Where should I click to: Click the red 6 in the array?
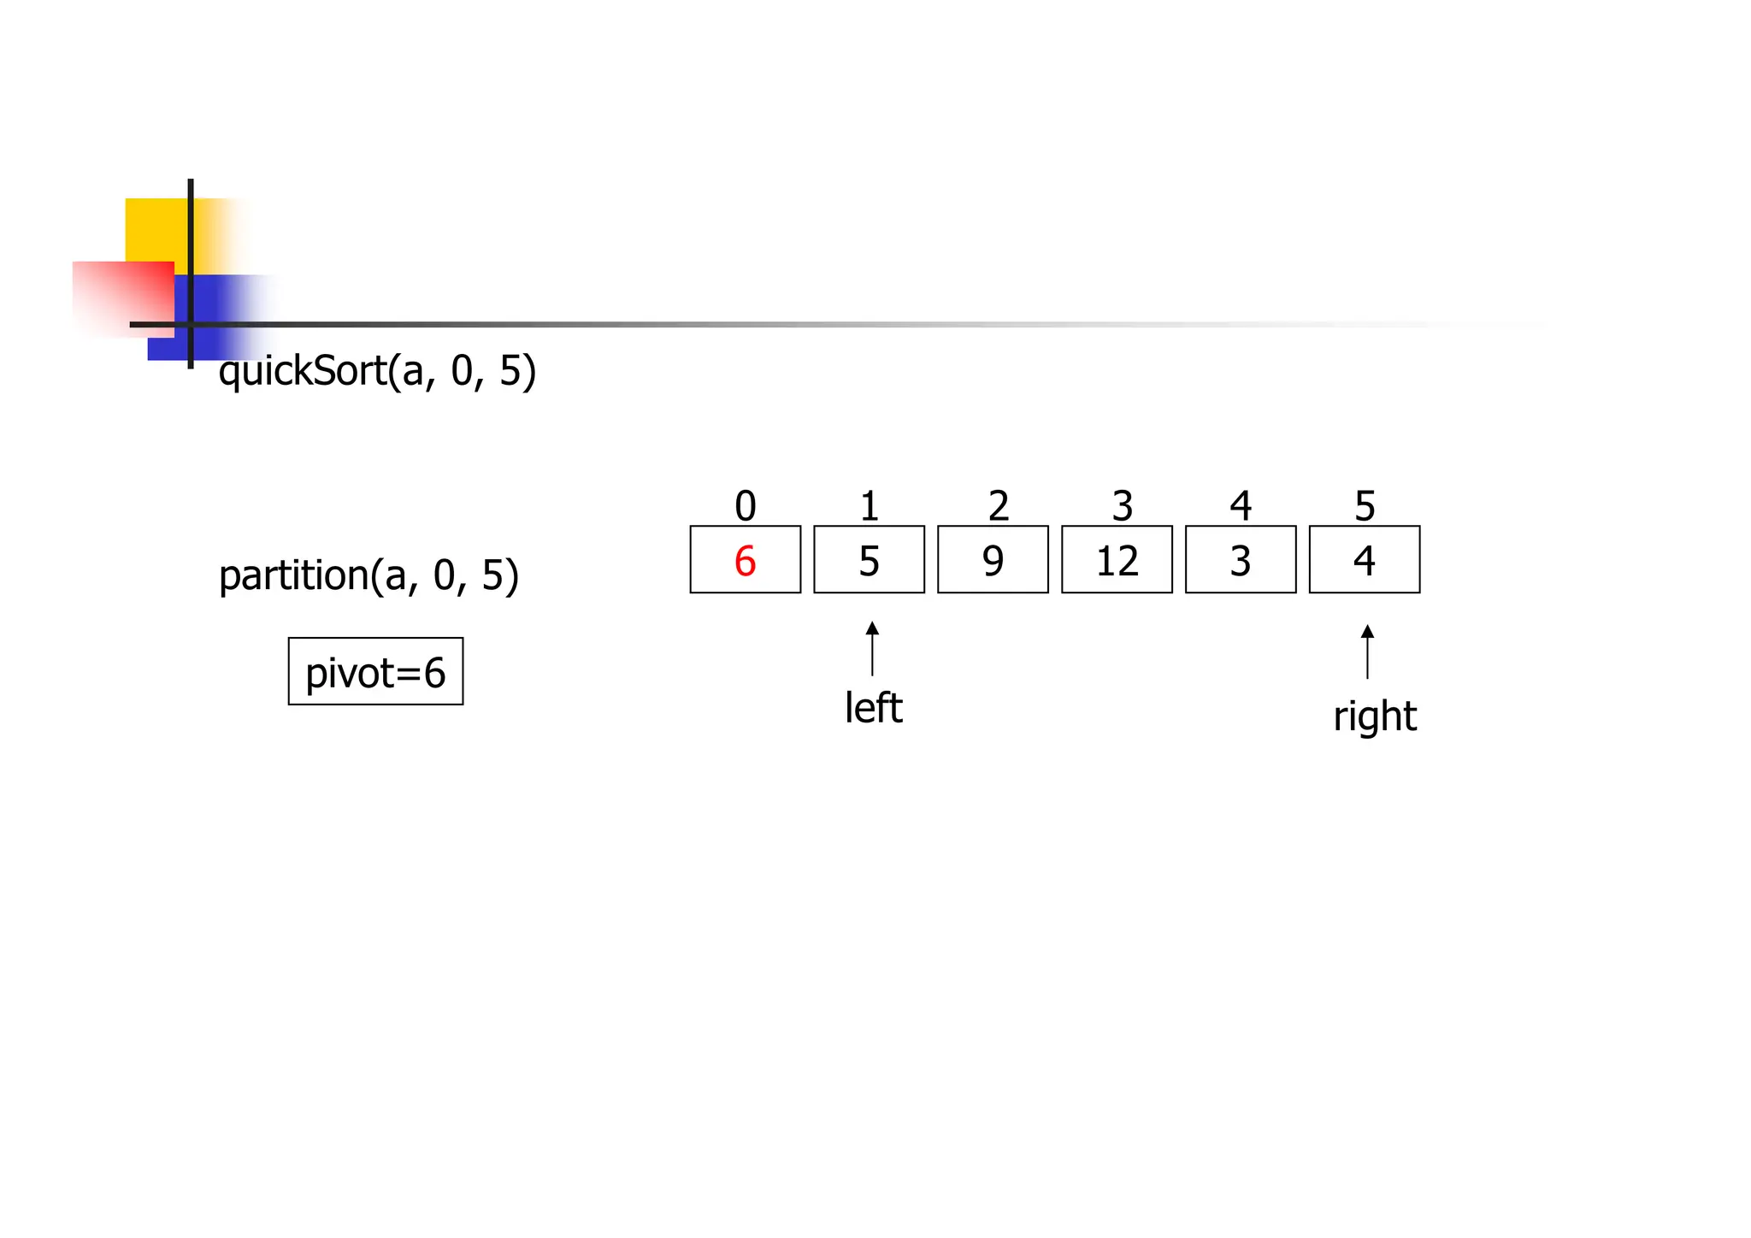point(745,561)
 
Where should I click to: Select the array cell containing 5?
point(869,560)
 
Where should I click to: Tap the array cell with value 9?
point(993,560)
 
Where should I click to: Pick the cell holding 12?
point(1117,560)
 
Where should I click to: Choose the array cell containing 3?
point(1241,560)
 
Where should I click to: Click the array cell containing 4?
point(1365,560)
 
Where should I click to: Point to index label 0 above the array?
point(746,505)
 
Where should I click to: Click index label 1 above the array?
point(870,505)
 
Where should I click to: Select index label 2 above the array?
point(998,505)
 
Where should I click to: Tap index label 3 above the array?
point(1122,505)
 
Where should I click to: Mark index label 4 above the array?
point(1241,505)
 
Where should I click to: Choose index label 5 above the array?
point(1365,505)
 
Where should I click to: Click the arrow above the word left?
point(872,649)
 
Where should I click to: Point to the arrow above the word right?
point(1367,651)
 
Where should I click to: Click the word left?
point(873,708)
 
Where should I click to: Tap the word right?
point(1375,716)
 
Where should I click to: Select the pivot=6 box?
point(375,672)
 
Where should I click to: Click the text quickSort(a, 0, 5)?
point(377,371)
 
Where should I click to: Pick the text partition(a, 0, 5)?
point(368,575)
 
